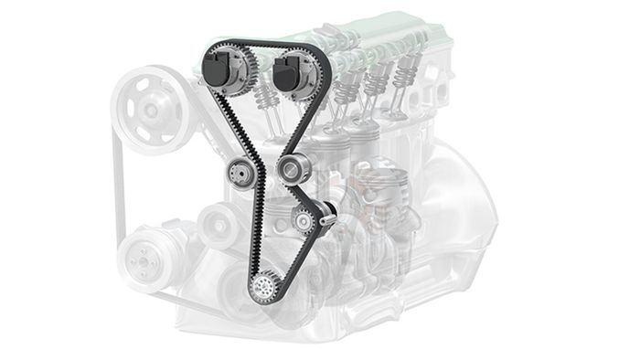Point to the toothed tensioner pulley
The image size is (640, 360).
(x=303, y=218)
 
